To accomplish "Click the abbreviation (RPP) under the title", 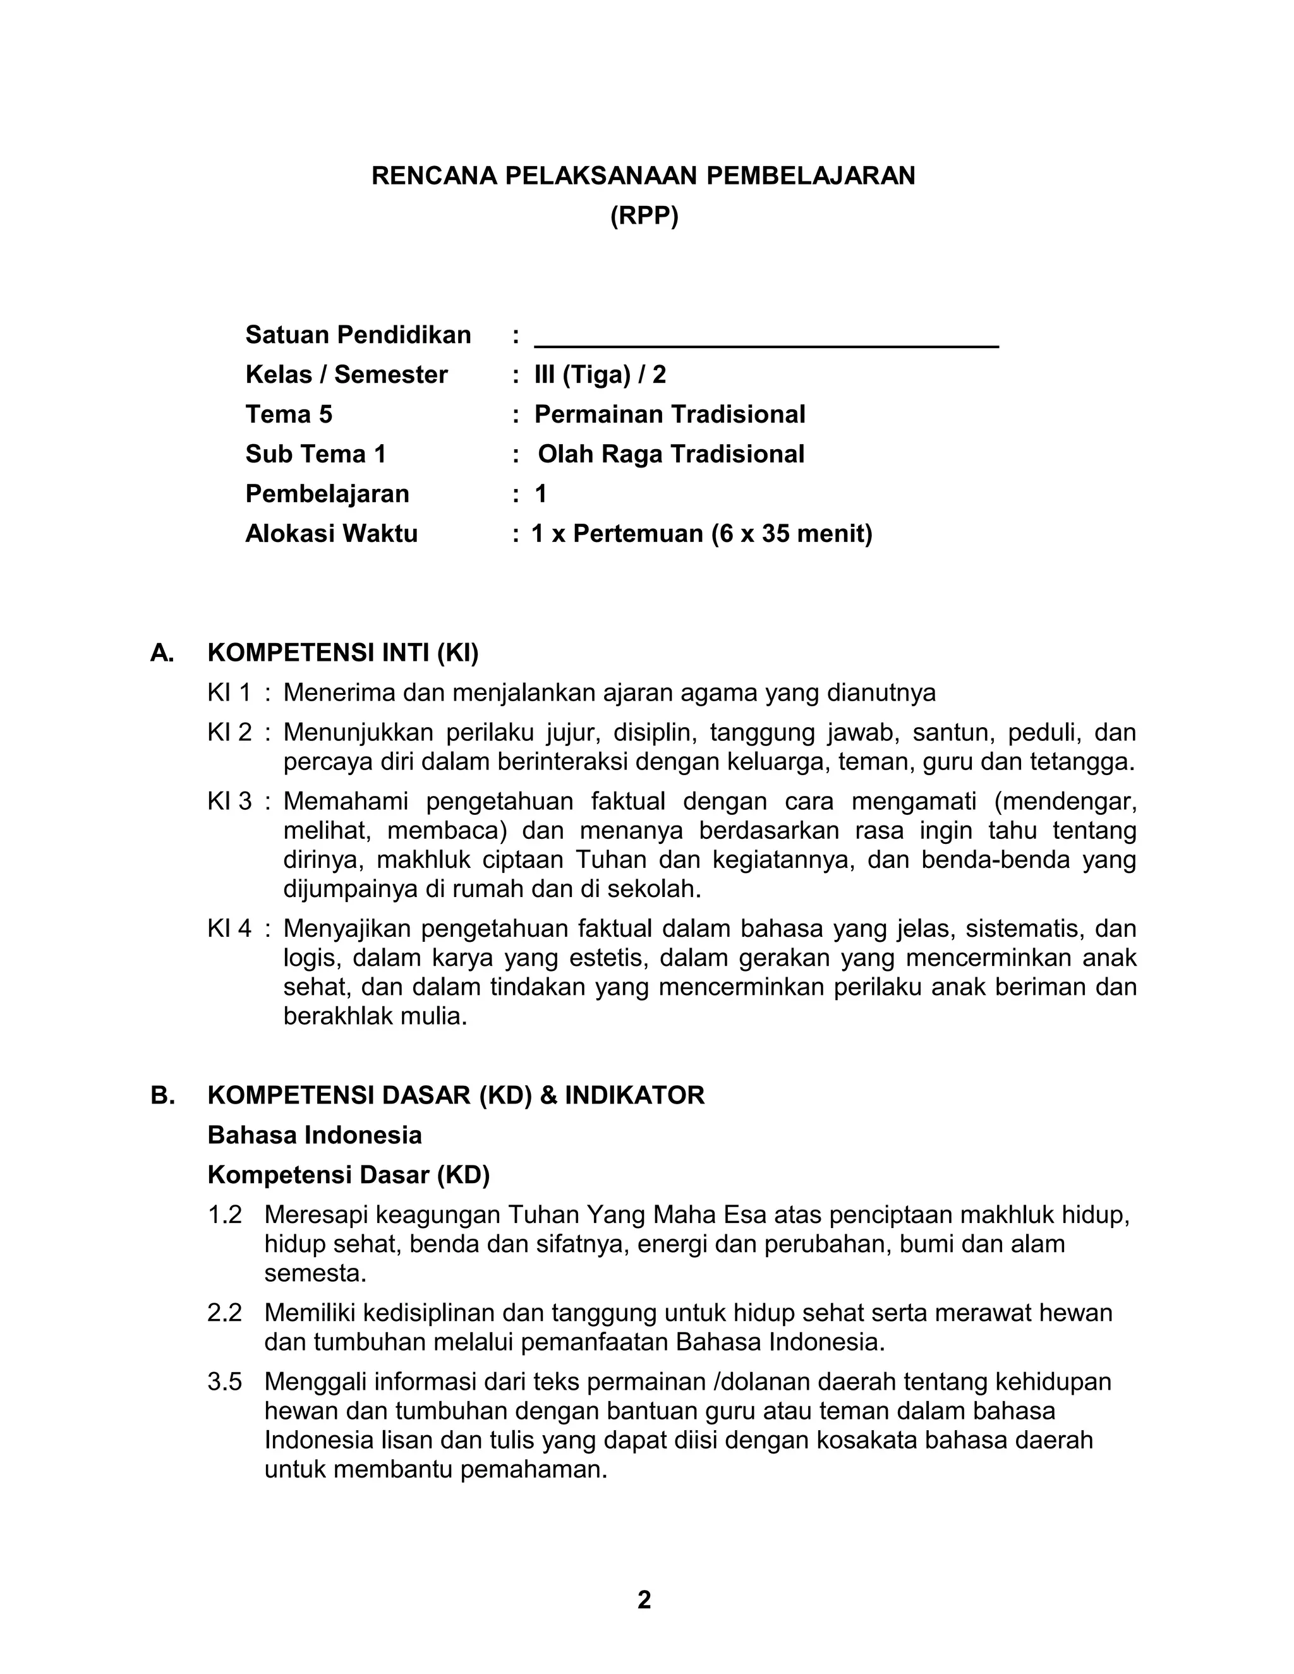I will [644, 217].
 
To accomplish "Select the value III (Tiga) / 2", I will [600, 375].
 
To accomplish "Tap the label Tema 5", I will [289, 414].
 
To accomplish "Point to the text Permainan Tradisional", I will [669, 414].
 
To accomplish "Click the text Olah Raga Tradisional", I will [671, 455].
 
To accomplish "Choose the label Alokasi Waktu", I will [331, 534].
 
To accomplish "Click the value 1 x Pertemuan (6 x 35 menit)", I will [701, 534].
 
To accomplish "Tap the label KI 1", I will [229, 693].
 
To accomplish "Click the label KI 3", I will [229, 802].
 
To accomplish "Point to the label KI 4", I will [229, 929].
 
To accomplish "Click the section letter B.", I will [162, 1095].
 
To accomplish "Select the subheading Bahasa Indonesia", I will [314, 1135].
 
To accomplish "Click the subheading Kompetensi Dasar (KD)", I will [348, 1175].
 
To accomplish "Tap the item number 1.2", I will [224, 1215].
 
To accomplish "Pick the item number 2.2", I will [224, 1313].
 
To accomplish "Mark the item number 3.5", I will [224, 1382].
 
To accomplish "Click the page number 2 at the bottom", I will [644, 1601].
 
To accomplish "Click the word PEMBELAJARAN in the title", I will [810, 176].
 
